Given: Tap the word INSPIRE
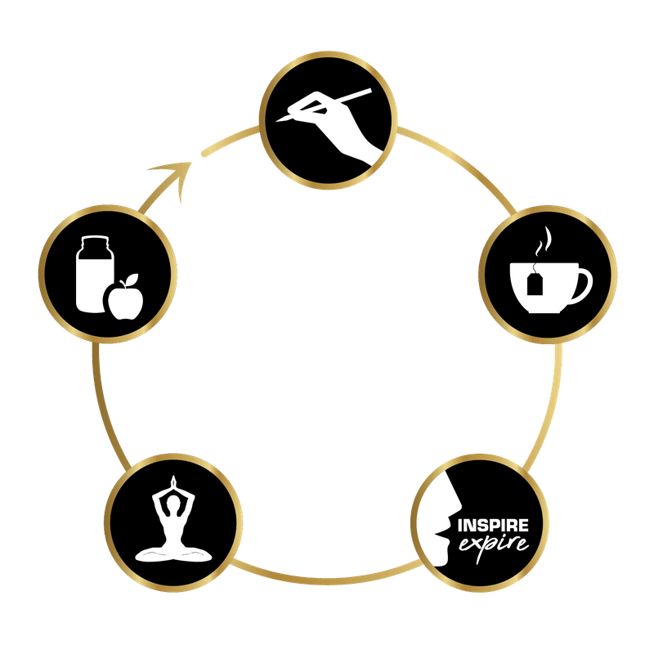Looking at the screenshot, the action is pos(493,526).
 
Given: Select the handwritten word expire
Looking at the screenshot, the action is pos(494,545).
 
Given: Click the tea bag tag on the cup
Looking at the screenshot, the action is pos(535,284).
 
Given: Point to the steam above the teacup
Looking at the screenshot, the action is pos(544,241).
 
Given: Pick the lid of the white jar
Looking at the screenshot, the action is pos(95,241).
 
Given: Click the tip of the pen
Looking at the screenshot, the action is pos(276,121).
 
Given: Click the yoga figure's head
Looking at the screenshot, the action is pos(173,504).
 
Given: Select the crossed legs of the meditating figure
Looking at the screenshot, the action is pos(173,554).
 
